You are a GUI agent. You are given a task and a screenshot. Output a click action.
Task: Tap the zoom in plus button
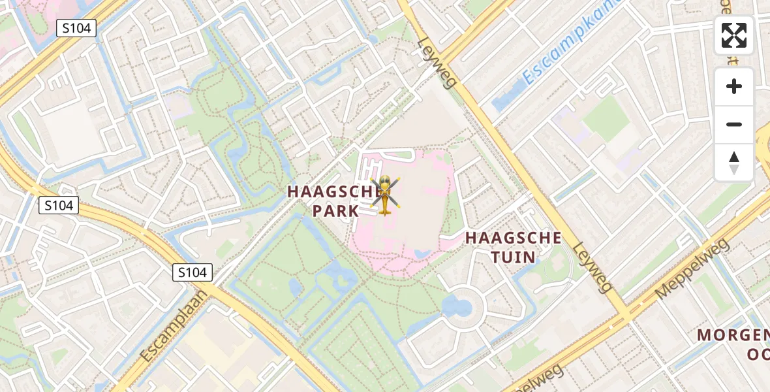(x=734, y=86)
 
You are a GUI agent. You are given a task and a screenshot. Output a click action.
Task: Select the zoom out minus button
(x=734, y=124)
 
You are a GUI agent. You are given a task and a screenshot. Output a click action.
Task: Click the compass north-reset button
(x=734, y=162)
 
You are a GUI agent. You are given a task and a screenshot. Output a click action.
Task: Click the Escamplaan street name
(x=173, y=326)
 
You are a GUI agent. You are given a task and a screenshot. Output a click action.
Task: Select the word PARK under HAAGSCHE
(x=335, y=211)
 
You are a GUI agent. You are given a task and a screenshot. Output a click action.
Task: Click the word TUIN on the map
(x=513, y=257)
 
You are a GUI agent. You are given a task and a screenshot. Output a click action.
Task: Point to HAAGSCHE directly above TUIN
(x=513, y=238)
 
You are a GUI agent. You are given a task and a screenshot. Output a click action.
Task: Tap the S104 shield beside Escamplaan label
(x=193, y=272)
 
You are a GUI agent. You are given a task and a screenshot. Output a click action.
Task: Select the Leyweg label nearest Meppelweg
(x=593, y=267)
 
